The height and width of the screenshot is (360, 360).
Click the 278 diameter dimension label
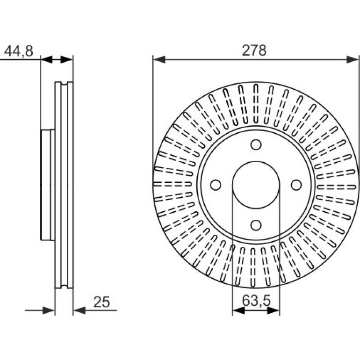pyautogui.click(x=254, y=50)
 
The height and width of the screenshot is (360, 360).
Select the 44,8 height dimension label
pyautogui.click(x=19, y=51)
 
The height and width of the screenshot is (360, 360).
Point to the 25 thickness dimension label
pyautogui.click(x=102, y=302)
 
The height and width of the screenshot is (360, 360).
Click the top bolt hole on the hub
pyautogui.click(x=256, y=144)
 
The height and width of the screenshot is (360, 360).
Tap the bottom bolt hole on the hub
pyautogui.click(x=256, y=225)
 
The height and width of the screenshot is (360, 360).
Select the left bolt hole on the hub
pyautogui.click(x=216, y=185)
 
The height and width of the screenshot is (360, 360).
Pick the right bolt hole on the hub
pyautogui.click(x=296, y=185)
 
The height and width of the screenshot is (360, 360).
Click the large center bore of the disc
pyautogui.click(x=256, y=185)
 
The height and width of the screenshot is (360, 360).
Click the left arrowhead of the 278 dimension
pyautogui.click(x=159, y=59)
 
